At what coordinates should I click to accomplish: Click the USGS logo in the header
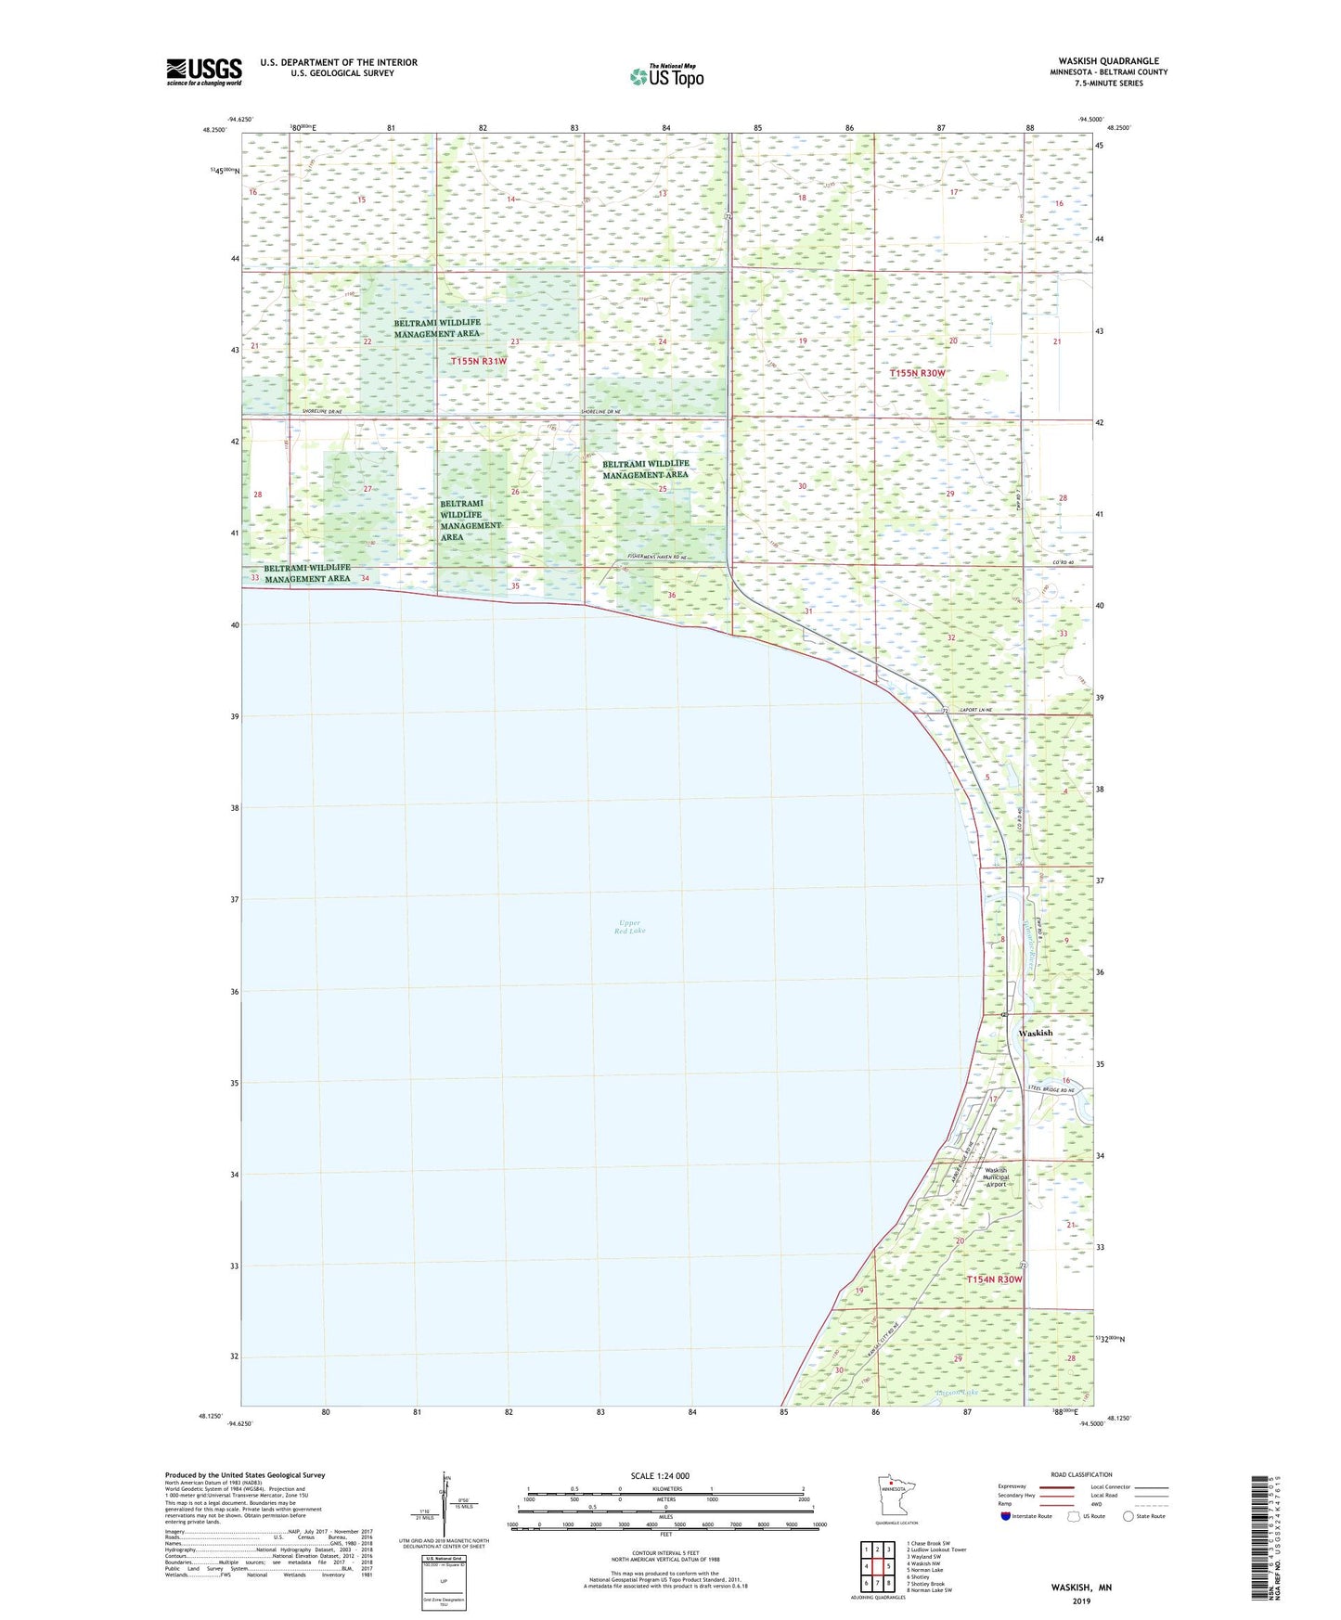pyautogui.click(x=203, y=71)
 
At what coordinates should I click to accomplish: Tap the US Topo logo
pyautogui.click(x=665, y=76)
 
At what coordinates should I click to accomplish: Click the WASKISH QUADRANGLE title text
pyautogui.click(x=1108, y=61)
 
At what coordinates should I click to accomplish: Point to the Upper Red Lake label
pyautogui.click(x=629, y=927)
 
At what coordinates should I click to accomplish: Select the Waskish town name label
pyautogui.click(x=1035, y=1033)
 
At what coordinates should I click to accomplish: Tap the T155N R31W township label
pyautogui.click(x=479, y=361)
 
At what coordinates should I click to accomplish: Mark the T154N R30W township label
pyautogui.click(x=994, y=1279)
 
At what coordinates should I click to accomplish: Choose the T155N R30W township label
pyautogui.click(x=917, y=373)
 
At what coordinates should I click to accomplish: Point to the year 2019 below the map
pyautogui.click(x=1081, y=1601)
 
